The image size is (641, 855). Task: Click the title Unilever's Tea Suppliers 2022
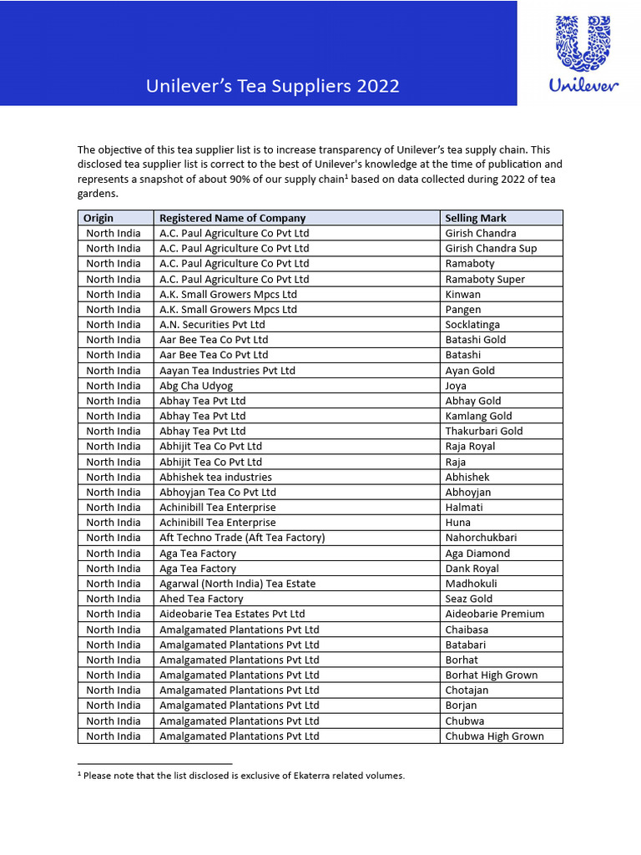pos(273,86)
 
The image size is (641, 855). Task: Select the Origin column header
pos(98,218)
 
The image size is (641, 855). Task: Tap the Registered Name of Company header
pos(232,218)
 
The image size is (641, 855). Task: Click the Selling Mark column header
pos(476,218)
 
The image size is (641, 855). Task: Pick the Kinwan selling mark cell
pos(462,294)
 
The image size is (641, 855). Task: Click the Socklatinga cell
pos(472,324)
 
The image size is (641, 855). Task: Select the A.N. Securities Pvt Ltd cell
pos(212,324)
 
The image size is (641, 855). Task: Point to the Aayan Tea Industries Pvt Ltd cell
pos(227,370)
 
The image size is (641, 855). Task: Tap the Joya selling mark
pos(456,385)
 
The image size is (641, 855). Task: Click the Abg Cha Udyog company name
pos(196,385)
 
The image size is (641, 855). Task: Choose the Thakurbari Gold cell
pos(484,431)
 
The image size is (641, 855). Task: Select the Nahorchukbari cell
pos(481,537)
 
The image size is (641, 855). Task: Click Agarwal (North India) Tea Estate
pos(237,583)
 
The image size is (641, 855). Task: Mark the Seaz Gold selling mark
pos(468,598)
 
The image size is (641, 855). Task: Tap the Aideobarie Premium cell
pos(494,614)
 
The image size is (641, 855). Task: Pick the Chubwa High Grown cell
pos(494,736)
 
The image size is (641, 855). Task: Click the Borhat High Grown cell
pos(491,675)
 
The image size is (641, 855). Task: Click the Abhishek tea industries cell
pos(215,477)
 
